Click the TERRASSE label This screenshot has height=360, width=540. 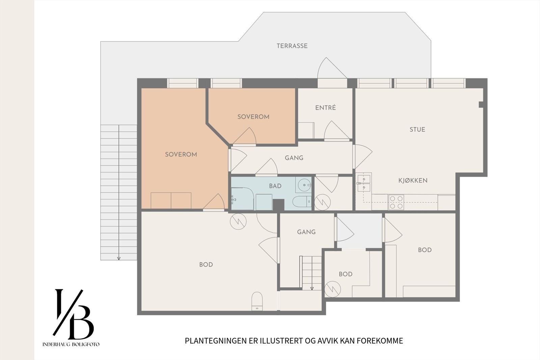point(292,46)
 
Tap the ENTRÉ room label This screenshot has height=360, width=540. point(325,108)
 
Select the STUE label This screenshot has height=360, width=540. point(417,129)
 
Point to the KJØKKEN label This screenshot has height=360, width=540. point(413,180)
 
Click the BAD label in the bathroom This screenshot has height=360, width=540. point(275,186)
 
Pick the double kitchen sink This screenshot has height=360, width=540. point(364,183)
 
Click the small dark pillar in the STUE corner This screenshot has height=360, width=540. point(481,105)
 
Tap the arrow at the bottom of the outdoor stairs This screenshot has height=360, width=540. point(119,258)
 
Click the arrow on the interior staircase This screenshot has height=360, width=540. point(312,288)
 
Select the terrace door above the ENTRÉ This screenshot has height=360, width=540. point(332,73)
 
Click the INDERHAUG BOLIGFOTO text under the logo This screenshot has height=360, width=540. point(71,344)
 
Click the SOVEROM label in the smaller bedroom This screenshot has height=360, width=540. point(253,117)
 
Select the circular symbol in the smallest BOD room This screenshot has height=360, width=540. point(332,289)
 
